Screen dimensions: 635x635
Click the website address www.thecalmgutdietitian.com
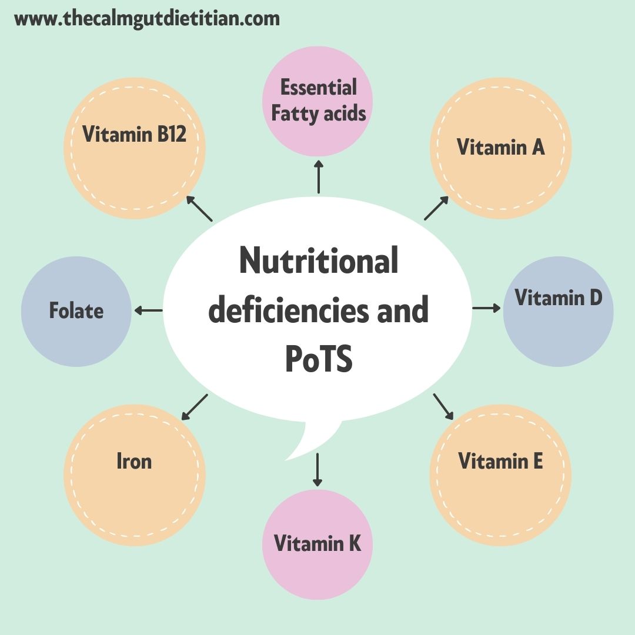pos(147,19)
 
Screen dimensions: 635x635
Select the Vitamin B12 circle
pos(135,148)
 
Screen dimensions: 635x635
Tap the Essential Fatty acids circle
pos(317,101)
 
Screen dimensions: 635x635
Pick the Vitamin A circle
pos(501,148)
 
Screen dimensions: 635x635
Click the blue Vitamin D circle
pos(558,312)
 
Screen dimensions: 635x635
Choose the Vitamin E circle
pos(501,475)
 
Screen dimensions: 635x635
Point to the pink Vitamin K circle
pos(317,544)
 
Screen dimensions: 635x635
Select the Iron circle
pos(135,475)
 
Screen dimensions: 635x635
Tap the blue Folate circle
pos(76,312)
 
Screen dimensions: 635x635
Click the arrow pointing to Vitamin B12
pos(199,209)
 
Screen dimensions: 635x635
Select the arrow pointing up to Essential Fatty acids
pos(318,176)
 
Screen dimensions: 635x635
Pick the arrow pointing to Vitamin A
pos(436,208)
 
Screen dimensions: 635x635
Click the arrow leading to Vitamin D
pos(486,308)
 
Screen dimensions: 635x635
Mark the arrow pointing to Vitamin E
pos(443,406)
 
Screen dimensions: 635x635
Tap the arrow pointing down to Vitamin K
pos(317,469)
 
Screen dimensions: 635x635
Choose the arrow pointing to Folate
pos(148,310)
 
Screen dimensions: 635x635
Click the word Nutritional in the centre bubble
pos(318,262)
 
